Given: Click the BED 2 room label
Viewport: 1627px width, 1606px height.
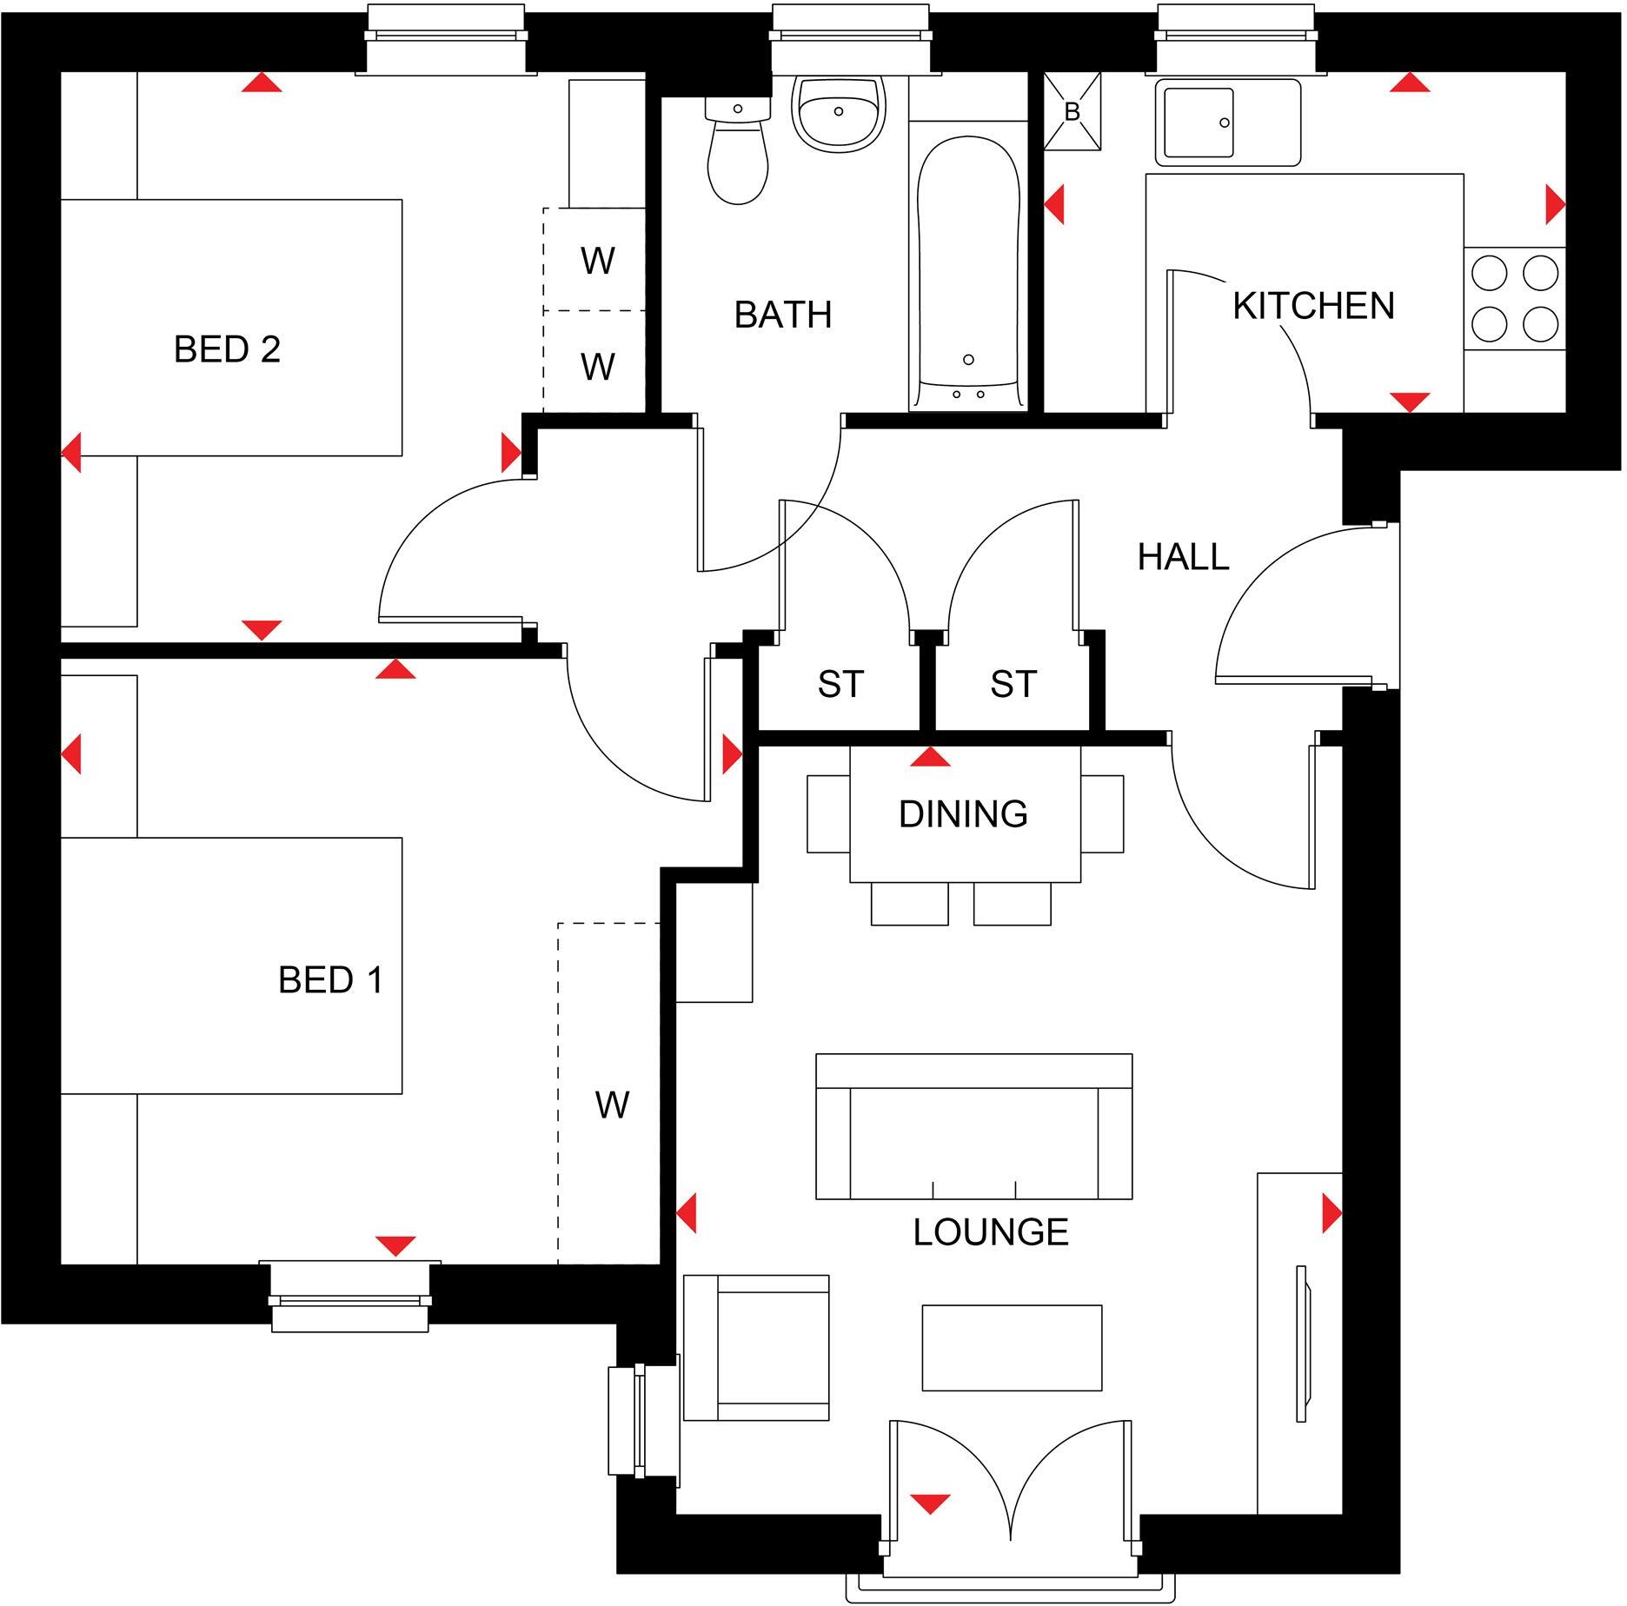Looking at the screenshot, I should point(227,349).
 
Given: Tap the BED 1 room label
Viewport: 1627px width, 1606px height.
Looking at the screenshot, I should point(330,980).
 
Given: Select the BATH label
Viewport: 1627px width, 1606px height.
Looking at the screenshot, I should point(782,315).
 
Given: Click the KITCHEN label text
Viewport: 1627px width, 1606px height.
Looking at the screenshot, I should point(1313,306).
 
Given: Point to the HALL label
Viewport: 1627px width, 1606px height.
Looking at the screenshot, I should point(1183,556).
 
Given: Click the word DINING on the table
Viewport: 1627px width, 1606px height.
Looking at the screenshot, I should point(963,814).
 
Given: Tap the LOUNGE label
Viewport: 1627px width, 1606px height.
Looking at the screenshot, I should point(990,1232).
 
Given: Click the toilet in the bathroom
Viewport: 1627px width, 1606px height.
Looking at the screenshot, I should point(738,156).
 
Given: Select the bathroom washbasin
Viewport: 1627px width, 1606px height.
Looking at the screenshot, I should point(838,113).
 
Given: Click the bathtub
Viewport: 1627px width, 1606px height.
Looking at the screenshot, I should point(968,269).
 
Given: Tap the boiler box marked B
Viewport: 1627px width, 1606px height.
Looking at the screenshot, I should point(1072,112).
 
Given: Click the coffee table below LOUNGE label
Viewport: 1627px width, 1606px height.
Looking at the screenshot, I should point(1012,1348).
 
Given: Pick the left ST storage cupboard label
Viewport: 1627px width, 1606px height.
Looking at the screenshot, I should point(840,685).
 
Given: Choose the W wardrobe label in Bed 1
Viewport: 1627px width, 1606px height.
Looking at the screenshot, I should point(612,1105).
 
